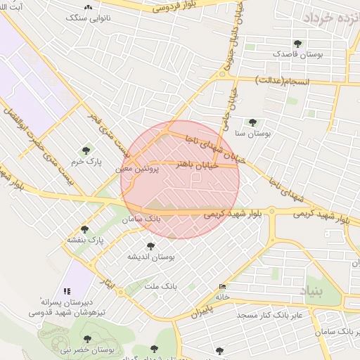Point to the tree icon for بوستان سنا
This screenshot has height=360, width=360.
pos(252,122)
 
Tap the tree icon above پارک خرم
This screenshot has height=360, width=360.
pos(86,150)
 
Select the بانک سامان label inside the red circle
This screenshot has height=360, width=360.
pos(143,220)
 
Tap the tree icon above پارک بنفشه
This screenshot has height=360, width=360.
pos(84,229)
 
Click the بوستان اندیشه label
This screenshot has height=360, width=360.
pos(150,257)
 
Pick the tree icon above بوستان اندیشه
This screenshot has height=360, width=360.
pos(150,245)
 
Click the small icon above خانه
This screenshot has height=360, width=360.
pos(223,286)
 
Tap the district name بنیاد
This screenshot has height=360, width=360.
pos(309,289)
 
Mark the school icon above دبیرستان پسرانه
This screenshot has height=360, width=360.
pos(67,290)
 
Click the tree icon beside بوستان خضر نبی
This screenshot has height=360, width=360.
pos(87,340)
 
